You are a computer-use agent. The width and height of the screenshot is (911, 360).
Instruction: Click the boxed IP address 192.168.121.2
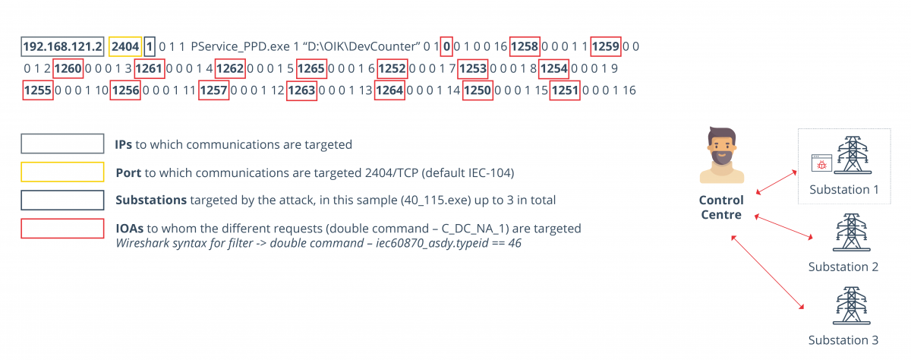[63, 46]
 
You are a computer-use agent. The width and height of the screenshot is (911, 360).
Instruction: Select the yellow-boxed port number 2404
[125, 46]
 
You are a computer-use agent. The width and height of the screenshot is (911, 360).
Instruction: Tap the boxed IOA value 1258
[525, 46]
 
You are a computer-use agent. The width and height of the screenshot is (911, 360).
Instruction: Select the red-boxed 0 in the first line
[447, 46]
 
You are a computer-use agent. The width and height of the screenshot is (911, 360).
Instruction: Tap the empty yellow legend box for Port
[63, 172]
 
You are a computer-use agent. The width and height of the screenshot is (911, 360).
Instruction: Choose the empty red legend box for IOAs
[63, 229]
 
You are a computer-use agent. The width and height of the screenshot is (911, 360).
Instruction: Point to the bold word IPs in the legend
[124, 144]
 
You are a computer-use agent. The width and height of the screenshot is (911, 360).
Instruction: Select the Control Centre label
[721, 208]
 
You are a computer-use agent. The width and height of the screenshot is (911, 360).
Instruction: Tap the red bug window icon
[822, 162]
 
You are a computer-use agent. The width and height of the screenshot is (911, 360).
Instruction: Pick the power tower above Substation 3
[843, 306]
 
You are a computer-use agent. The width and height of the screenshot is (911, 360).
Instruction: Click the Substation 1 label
[843, 190]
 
